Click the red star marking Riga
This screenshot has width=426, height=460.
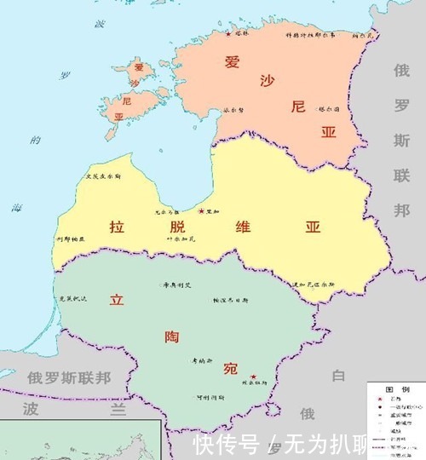(201, 210)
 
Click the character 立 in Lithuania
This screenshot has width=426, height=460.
(118, 302)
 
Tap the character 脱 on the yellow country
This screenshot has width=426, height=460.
(176, 227)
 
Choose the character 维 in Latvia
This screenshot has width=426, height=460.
(242, 227)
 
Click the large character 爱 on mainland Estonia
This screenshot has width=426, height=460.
(232, 61)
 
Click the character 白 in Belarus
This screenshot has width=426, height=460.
(338, 376)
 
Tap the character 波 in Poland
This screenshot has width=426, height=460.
(32, 409)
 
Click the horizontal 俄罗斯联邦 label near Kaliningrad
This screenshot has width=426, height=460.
(68, 377)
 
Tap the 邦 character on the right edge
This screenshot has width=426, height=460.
(401, 210)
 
